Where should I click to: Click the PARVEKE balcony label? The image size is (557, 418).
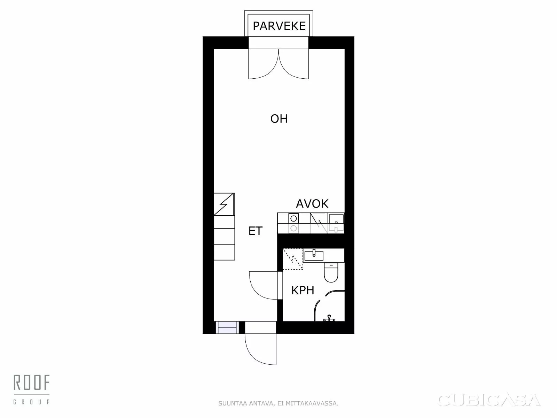click(279, 26)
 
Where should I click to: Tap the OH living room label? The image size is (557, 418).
click(279, 119)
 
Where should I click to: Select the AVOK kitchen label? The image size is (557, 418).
click(312, 204)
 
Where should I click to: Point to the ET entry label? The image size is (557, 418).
click(255, 231)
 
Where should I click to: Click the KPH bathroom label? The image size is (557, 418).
click(303, 290)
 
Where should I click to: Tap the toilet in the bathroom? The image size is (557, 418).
click(331, 272)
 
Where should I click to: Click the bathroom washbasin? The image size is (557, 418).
click(314, 255)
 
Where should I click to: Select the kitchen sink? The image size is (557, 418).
click(336, 220)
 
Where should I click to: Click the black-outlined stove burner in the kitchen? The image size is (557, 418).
click(294, 218)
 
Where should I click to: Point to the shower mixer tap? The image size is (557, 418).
click(329, 318)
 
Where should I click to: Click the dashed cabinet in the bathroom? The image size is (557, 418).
click(293, 259)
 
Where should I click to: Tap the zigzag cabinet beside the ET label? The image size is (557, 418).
click(224, 204)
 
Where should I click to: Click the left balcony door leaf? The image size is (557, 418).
click(264, 64)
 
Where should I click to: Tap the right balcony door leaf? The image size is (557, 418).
click(294, 64)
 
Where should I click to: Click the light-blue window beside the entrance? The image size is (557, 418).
click(227, 328)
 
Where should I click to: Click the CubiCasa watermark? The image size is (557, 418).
click(489, 400)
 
